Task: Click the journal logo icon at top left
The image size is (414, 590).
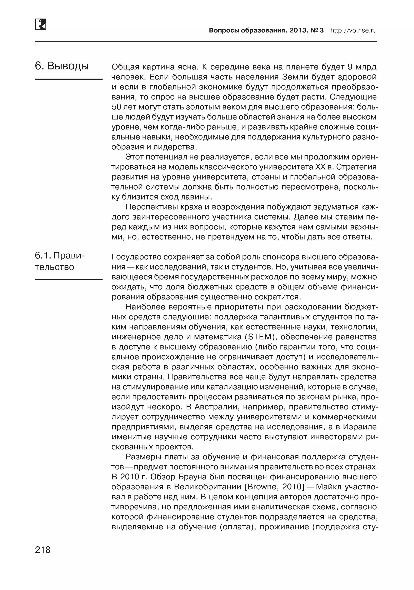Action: (x=40, y=24)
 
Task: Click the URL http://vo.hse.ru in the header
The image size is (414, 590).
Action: (x=353, y=30)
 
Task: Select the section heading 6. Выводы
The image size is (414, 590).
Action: (x=62, y=66)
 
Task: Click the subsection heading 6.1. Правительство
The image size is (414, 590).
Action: (x=60, y=261)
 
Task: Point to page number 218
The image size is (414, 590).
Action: (x=43, y=550)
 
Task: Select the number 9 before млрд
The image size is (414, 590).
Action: (x=350, y=67)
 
